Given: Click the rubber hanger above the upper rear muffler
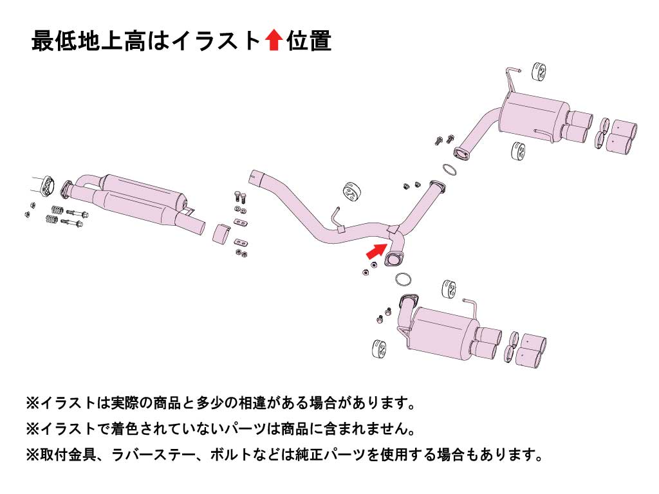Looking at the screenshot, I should [539, 73].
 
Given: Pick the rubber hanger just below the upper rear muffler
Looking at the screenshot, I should [518, 151].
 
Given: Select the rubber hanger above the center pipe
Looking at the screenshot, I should [350, 191].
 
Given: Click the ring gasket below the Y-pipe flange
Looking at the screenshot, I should [403, 280].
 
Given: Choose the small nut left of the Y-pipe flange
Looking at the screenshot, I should [366, 273].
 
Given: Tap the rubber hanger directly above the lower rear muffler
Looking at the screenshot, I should [451, 289].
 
